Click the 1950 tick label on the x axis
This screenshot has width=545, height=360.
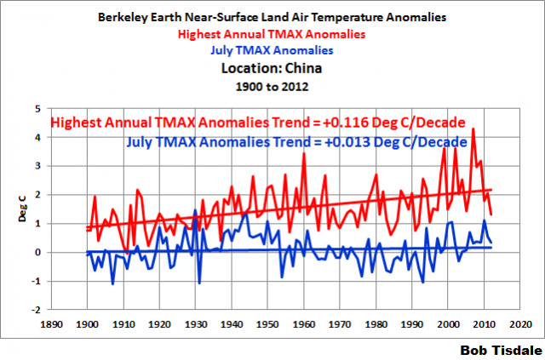point(267,324)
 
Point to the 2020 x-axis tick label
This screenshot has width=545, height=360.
point(515,324)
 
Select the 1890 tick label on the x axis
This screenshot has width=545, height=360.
point(54,324)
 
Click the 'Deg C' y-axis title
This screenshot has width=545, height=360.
point(23,209)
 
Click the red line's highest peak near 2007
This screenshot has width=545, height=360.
point(473,129)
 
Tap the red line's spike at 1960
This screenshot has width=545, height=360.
point(303,153)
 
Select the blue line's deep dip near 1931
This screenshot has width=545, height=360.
point(199,283)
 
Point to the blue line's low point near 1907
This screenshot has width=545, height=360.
point(112,283)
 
